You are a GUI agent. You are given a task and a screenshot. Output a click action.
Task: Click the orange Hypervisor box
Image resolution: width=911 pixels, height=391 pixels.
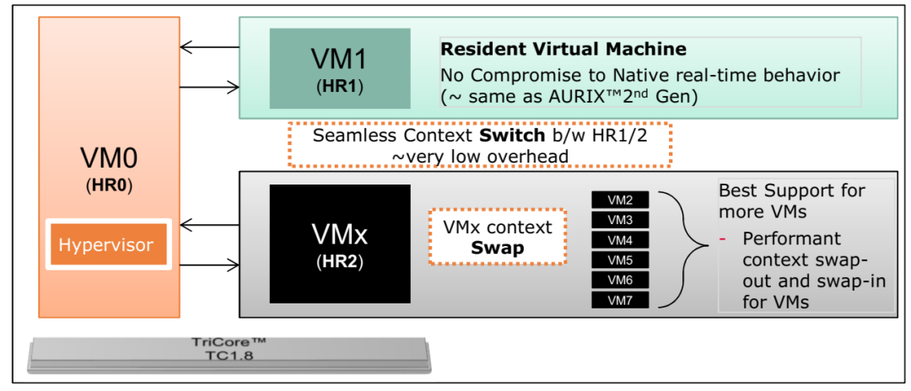[106, 245]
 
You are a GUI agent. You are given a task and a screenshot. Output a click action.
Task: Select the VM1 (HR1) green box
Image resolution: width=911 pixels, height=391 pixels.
[340, 68]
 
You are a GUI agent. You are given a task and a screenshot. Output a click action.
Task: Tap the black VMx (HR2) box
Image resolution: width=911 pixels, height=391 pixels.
[340, 244]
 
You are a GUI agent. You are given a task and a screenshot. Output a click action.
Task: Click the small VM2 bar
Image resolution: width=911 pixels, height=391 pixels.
[620, 200]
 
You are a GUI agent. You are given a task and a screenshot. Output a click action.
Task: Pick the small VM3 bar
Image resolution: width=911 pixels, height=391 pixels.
[620, 220]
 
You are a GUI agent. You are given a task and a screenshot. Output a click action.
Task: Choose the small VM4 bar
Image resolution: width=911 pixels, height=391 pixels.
[620, 240]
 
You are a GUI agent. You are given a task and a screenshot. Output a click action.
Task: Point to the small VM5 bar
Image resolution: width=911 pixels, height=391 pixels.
[620, 260]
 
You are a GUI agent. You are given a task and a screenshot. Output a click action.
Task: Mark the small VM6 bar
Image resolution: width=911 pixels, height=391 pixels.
[620, 280]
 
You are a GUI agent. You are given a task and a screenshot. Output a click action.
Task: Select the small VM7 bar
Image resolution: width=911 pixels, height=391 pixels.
[620, 299]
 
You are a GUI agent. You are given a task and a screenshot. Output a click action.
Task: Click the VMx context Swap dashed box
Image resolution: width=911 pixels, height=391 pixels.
[497, 237]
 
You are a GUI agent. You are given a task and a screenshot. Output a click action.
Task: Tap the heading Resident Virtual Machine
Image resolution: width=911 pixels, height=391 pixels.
[563, 50]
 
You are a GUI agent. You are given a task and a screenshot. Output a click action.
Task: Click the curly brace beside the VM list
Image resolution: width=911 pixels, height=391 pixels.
[682, 249]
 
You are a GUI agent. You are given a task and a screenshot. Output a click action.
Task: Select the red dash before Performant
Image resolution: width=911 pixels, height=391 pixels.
[723, 239]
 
